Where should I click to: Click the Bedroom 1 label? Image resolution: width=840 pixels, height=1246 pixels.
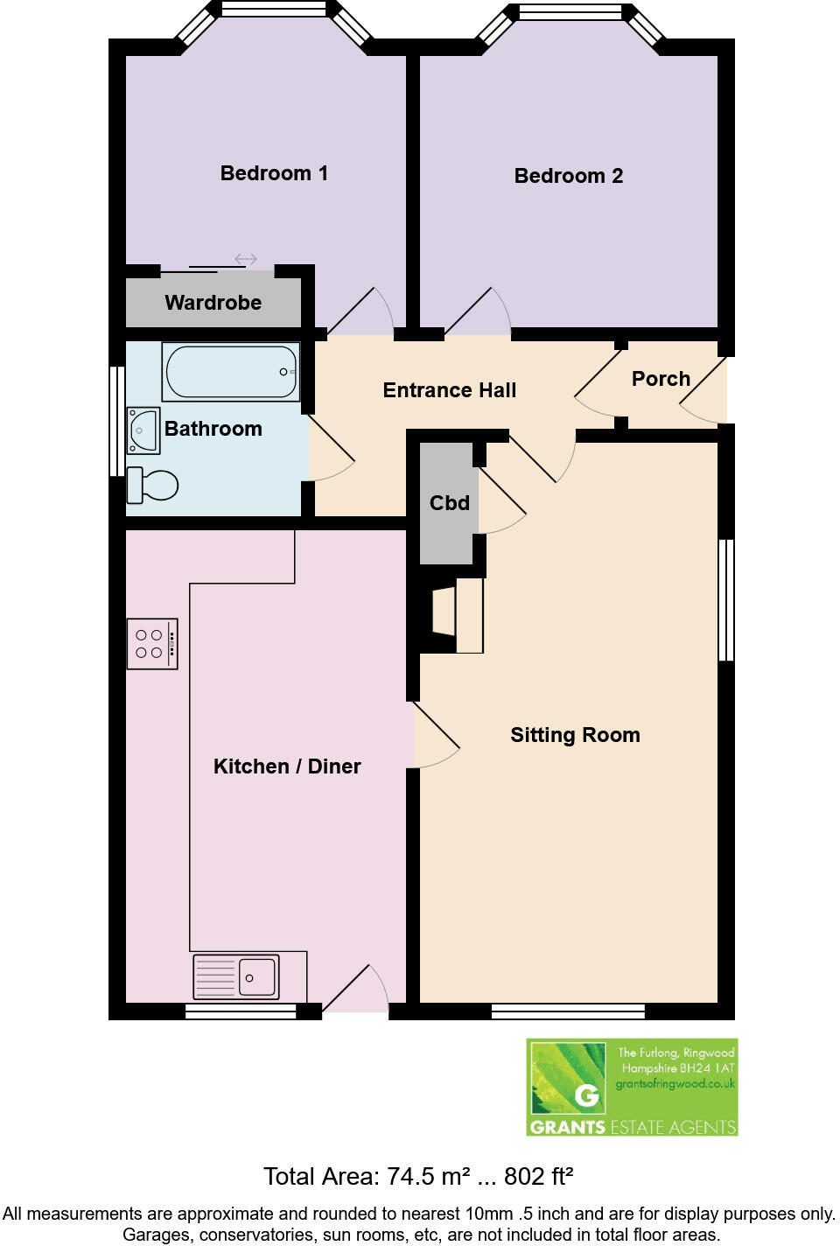274,173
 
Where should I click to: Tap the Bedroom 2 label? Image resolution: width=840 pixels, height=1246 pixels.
568,176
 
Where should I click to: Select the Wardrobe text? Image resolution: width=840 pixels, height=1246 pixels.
213,303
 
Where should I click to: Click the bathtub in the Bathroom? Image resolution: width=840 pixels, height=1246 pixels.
231,372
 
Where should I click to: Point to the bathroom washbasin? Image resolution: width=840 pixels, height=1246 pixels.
143,430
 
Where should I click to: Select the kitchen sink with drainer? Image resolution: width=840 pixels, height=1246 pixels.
236,976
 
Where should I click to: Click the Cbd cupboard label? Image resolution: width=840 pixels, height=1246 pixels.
449,503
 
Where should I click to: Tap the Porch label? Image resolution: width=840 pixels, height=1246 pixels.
661,379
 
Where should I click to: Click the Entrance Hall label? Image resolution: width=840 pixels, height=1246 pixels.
449,390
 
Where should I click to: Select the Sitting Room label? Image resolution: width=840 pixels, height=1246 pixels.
575,735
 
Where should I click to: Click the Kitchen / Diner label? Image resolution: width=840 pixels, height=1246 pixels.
287,766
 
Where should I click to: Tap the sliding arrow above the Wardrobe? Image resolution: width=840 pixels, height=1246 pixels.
246,259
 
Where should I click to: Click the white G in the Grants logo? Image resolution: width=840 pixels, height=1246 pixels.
586,1095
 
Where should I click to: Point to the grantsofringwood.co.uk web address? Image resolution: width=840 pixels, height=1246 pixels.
675,1083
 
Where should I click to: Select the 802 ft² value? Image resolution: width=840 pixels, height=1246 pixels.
538,1177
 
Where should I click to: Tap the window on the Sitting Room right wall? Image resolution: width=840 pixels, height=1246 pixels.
726,600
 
